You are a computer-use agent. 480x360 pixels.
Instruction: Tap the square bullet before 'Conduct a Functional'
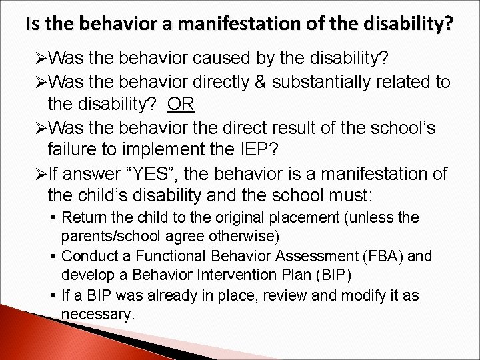click(x=51, y=257)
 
